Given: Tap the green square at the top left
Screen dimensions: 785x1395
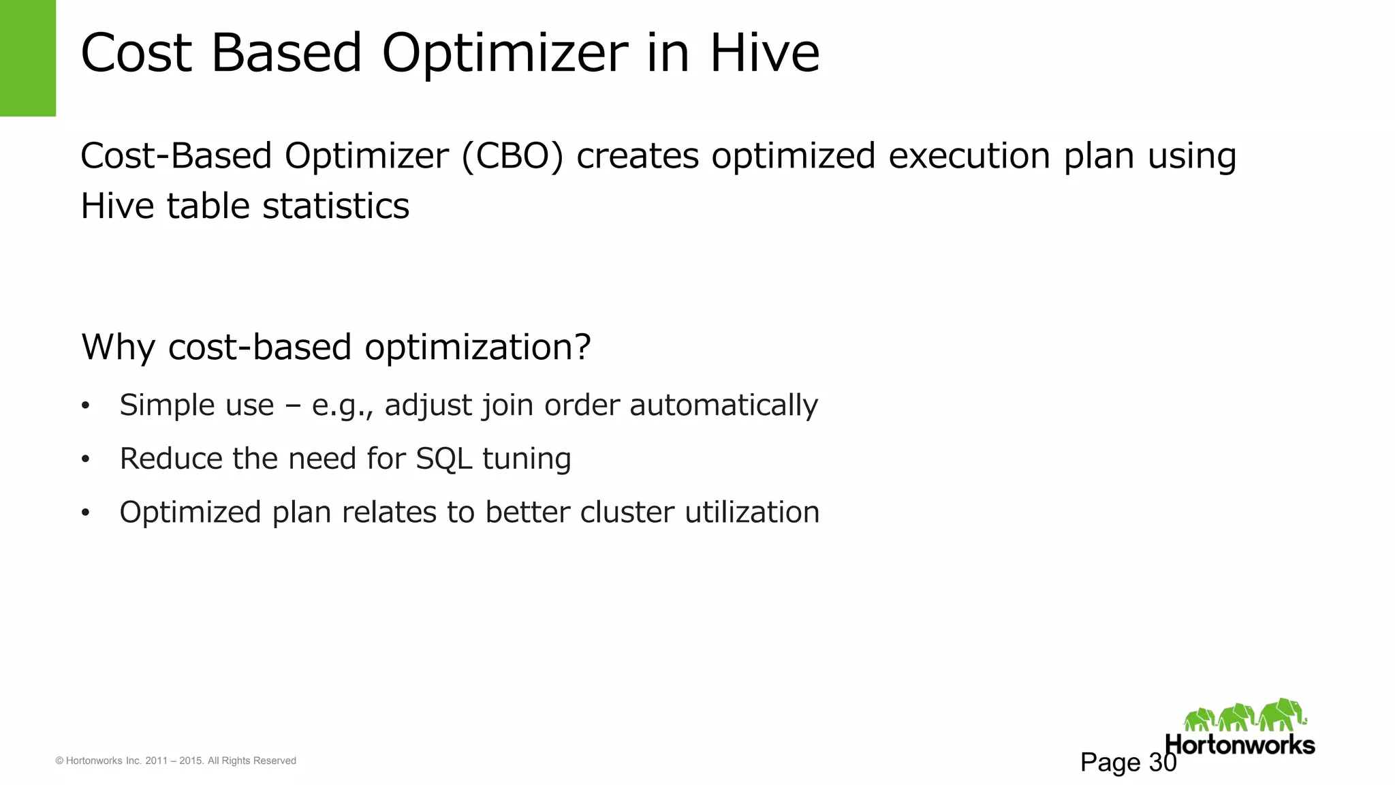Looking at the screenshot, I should [28, 58].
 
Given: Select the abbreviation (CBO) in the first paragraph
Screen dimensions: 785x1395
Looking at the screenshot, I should [512, 156].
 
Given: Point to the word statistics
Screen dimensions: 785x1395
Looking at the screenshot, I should [336, 206].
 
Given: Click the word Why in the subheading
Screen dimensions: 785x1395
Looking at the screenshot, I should [119, 348].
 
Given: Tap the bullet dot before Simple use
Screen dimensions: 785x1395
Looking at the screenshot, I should [85, 407].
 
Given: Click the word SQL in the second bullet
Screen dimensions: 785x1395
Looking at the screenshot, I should [443, 459].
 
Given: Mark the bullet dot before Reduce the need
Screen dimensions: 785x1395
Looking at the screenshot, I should [85, 460].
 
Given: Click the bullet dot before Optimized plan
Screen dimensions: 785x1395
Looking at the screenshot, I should [85, 513].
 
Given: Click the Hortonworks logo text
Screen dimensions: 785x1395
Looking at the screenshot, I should [1240, 745].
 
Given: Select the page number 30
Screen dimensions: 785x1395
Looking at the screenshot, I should [1163, 763].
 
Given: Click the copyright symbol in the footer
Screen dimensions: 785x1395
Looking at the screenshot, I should [59, 761].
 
